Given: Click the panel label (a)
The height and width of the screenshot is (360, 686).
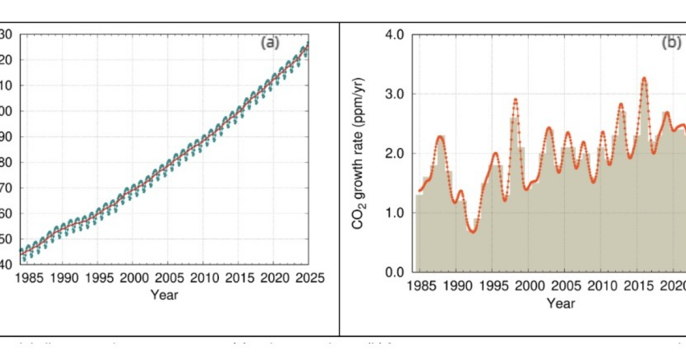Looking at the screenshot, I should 270,43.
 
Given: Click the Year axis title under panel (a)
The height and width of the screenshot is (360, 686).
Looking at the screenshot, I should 164,295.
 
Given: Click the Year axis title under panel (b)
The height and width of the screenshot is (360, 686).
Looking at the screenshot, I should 560,303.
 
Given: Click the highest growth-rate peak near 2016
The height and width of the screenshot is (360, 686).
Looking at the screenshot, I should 644,78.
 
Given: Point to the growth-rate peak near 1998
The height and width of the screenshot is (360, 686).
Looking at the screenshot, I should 516,99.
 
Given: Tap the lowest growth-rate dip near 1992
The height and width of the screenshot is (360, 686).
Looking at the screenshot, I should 472,231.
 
